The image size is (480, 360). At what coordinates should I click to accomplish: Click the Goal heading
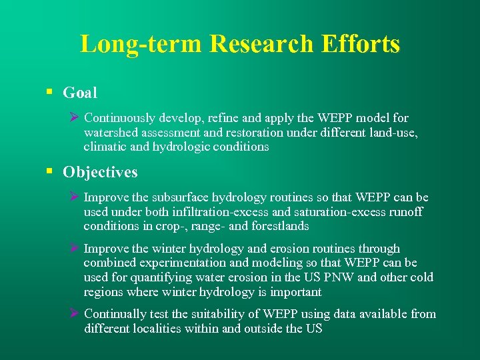pos(80,93)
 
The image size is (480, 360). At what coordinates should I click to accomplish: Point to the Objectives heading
pos(100,172)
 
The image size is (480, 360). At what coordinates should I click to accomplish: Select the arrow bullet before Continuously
pos(75,118)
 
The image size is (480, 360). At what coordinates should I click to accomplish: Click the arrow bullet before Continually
pos(75,314)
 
